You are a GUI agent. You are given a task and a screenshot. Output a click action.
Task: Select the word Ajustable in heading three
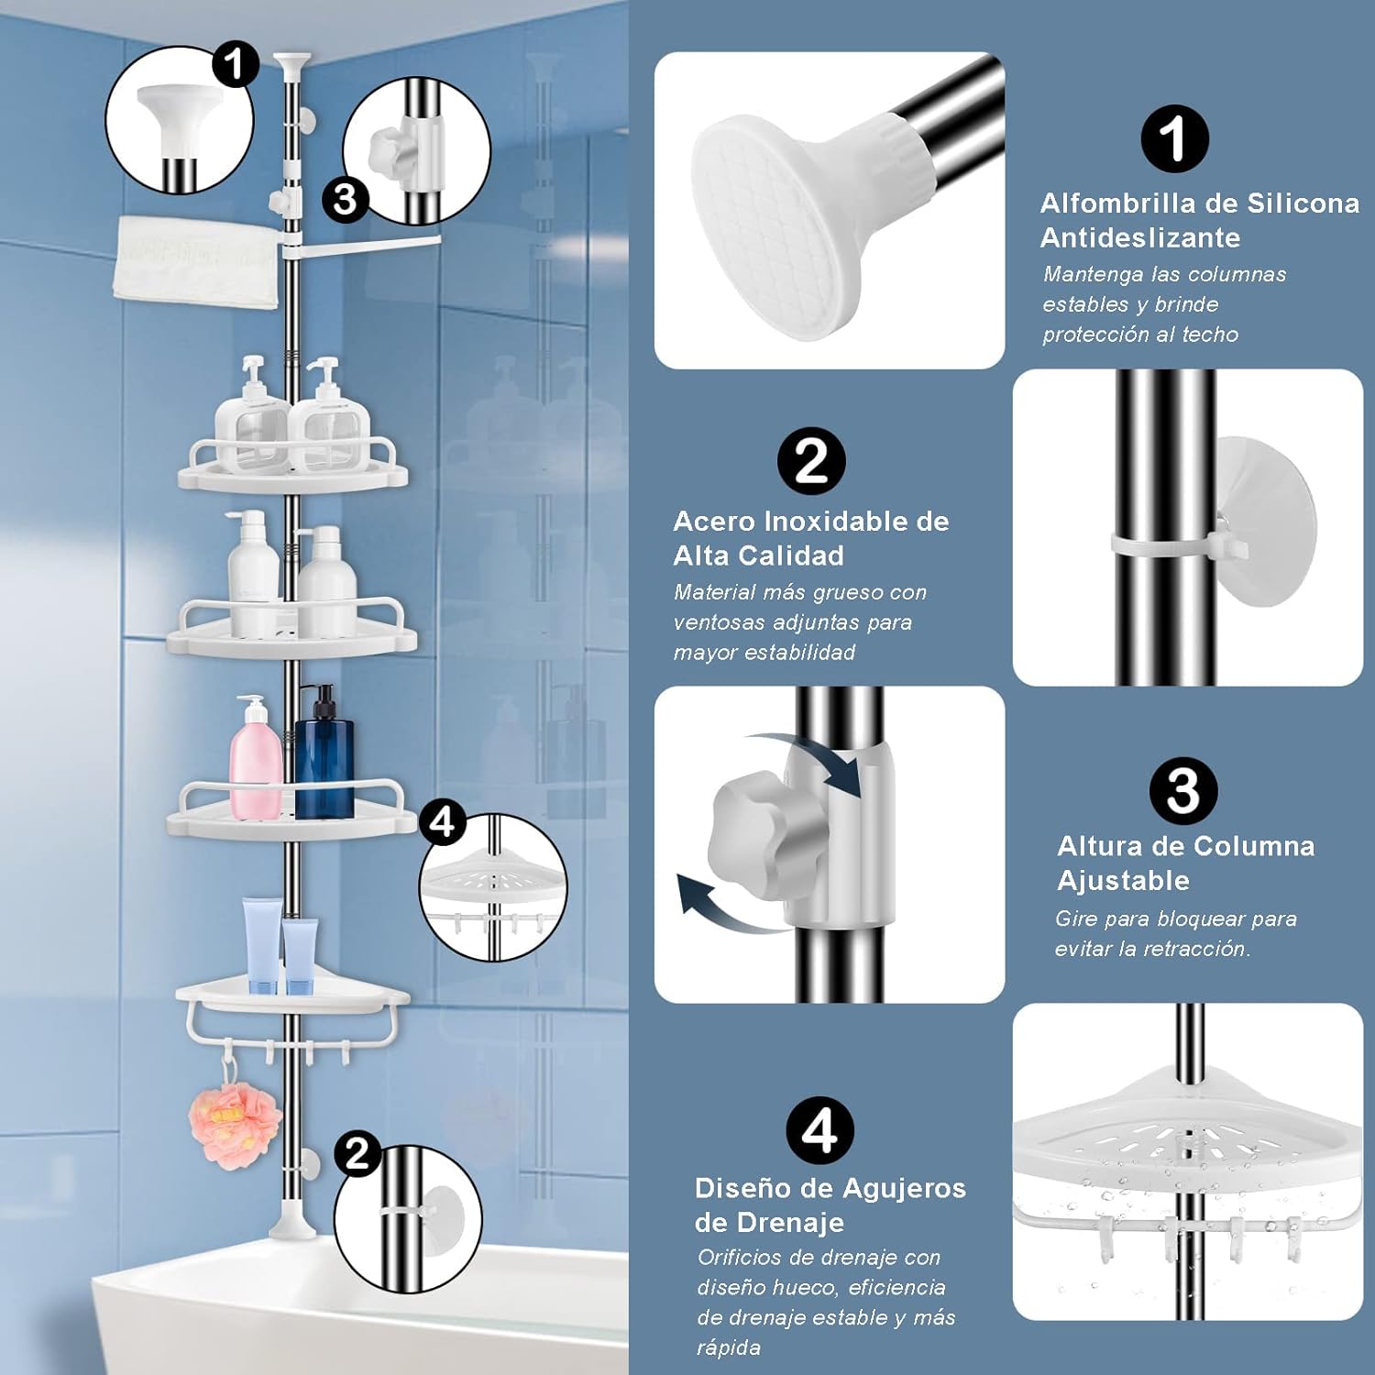click(1123, 881)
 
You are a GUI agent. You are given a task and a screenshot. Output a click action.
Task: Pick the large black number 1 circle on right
click(1174, 138)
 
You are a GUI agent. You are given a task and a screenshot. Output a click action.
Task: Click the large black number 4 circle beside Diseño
click(819, 1130)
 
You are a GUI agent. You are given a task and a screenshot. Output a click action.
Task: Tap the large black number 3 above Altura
click(1183, 791)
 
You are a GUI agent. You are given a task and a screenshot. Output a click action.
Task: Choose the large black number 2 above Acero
click(811, 461)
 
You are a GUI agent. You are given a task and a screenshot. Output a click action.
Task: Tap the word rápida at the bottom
click(729, 1347)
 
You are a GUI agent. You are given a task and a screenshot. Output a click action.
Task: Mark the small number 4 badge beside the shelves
click(442, 821)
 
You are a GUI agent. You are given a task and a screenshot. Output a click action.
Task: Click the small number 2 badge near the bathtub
click(357, 1152)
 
